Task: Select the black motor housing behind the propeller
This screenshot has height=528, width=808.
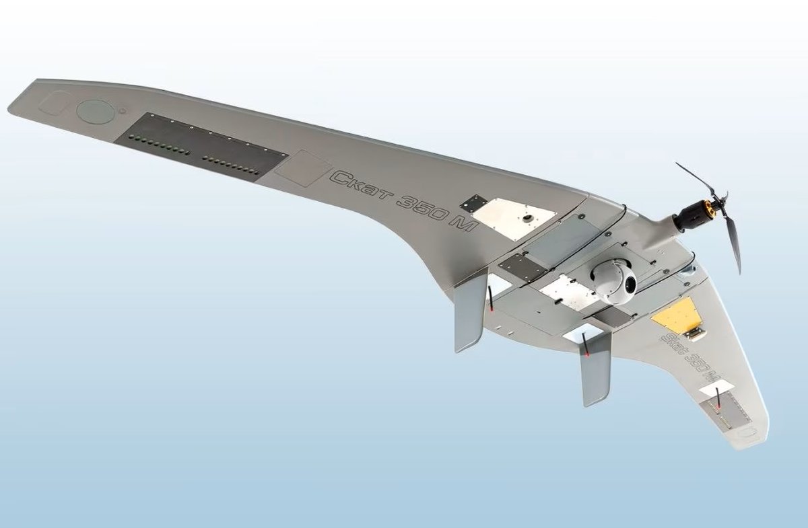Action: (x=691, y=218)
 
